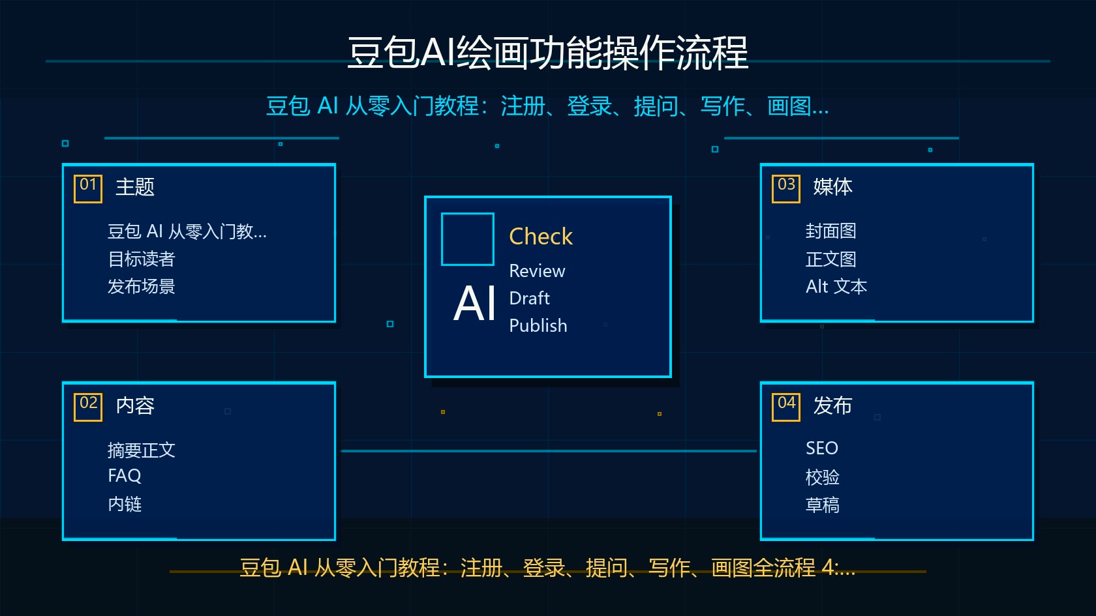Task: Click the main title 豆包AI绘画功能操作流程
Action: [x=547, y=52]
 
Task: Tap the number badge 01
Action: [x=88, y=189]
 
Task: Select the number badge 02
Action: [x=88, y=407]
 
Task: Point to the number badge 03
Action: [x=785, y=189]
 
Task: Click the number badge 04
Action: [x=785, y=407]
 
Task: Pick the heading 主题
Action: [x=135, y=186]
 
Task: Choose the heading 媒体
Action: [x=832, y=186]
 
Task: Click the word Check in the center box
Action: [x=541, y=237]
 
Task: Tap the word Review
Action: [x=537, y=271]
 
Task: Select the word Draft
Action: [x=530, y=299]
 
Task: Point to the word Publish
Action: [x=538, y=326]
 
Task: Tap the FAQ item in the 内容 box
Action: [x=124, y=476]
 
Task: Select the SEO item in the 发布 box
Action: [x=822, y=448]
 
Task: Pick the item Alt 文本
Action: [x=836, y=287]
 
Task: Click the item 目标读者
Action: [x=142, y=259]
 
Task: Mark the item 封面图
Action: [x=831, y=231]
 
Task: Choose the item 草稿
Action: [x=823, y=505]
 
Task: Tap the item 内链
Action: [x=125, y=504]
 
